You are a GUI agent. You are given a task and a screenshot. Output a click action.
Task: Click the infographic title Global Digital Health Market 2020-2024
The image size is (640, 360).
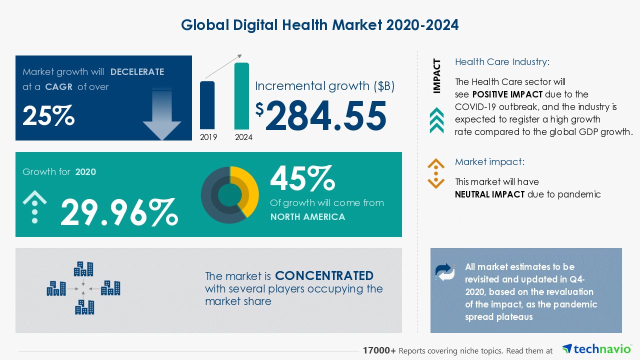coord(319,25)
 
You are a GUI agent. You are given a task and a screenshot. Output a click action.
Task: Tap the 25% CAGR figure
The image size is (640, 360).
coord(48,116)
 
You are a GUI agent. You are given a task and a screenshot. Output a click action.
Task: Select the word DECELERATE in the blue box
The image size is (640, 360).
coord(137,72)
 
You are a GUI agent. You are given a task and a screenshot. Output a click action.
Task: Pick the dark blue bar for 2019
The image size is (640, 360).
coord(207,105)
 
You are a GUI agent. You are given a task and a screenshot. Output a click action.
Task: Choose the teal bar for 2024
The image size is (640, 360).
coord(241,95)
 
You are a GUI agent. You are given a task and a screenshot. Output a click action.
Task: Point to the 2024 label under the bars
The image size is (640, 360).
coord(243,137)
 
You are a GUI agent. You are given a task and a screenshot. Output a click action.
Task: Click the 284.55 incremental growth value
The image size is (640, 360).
coord(326,115)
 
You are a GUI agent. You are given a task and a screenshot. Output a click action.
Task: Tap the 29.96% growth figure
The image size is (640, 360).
coord(119,212)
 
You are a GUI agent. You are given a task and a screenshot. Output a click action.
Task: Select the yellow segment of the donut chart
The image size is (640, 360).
coord(248,187)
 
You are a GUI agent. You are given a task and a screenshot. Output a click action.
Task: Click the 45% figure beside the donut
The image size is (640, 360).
coord(302,178)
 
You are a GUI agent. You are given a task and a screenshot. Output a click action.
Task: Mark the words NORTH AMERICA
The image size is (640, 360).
coord(307,217)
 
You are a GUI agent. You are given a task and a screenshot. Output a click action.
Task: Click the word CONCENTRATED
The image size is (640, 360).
coord(324,276)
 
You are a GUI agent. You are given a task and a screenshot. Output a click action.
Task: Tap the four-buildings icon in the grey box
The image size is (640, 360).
coord(83,288)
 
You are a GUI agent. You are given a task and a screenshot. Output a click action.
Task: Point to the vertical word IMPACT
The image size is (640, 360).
coord(437,76)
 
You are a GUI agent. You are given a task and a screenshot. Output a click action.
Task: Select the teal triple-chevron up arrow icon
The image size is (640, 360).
coord(436,120)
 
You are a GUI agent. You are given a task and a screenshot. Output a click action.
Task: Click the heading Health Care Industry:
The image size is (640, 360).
coord(502,62)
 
